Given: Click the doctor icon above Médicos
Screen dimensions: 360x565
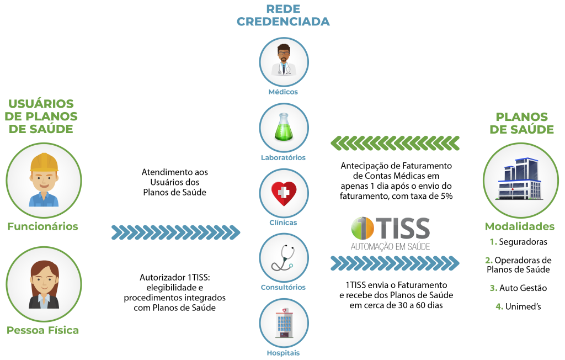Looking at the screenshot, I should click(x=284, y=61).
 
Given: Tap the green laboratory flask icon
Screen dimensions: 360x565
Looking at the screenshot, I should click(x=284, y=127).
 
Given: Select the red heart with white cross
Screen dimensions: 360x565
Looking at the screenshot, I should click(x=284, y=193).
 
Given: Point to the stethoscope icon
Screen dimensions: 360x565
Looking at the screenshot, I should click(x=284, y=258).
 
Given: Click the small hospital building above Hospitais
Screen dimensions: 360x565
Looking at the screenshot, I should click(x=284, y=323).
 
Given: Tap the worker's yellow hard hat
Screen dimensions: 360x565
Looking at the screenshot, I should click(x=44, y=162).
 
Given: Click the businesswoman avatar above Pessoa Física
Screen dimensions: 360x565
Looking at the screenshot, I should click(x=44, y=284).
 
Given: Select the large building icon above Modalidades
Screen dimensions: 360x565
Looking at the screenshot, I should click(x=520, y=179).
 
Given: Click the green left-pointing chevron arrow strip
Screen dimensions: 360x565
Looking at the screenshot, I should click(x=395, y=143).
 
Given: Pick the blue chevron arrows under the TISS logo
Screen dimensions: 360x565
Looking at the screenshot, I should click(x=395, y=263).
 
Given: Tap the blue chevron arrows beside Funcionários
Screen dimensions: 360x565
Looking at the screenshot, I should click(x=176, y=232).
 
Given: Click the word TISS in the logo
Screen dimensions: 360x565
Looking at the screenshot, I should click(x=403, y=227).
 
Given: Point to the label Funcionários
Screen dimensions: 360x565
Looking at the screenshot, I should click(x=42, y=226).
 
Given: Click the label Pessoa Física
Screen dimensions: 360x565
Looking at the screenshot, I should click(x=42, y=330).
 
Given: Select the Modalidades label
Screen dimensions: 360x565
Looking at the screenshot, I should click(x=520, y=226).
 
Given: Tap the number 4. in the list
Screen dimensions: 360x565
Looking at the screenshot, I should click(x=499, y=306).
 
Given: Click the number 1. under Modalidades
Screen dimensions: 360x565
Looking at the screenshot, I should click(x=493, y=242).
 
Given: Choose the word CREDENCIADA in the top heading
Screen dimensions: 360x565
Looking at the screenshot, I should click(x=283, y=22).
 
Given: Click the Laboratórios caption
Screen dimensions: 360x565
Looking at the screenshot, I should click(x=283, y=157).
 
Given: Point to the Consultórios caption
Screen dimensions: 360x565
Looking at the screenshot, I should click(x=283, y=287).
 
